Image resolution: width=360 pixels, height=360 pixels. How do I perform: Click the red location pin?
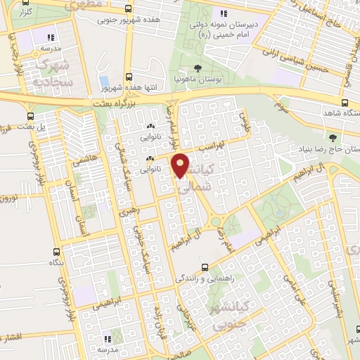point(181,165)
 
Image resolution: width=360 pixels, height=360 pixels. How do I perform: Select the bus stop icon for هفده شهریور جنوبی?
point(127,10)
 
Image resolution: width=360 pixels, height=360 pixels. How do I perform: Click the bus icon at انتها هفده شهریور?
point(128,77)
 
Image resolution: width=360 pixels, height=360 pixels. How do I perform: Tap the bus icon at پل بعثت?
point(30,117)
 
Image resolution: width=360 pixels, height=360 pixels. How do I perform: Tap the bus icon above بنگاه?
point(56,252)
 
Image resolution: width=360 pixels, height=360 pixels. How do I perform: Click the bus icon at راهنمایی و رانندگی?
point(205,267)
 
